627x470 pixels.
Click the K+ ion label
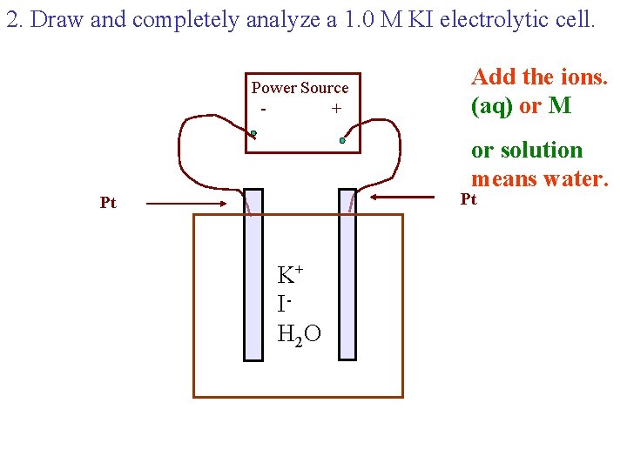click(x=289, y=276)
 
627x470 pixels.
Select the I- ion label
click(x=284, y=305)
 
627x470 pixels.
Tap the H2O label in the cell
click(x=299, y=333)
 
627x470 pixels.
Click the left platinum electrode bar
click(x=253, y=274)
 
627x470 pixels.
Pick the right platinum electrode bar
click(x=347, y=274)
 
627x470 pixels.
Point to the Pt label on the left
click(x=108, y=204)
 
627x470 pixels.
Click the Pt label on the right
click(x=469, y=200)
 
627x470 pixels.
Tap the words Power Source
click(x=300, y=88)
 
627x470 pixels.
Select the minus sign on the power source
click(x=263, y=110)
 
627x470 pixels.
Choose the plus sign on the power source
click(x=336, y=110)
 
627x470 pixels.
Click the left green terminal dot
click(x=253, y=134)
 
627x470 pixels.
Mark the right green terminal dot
click(x=342, y=140)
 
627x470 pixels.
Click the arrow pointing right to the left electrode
click(x=184, y=204)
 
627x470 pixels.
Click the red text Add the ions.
click(x=539, y=77)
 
